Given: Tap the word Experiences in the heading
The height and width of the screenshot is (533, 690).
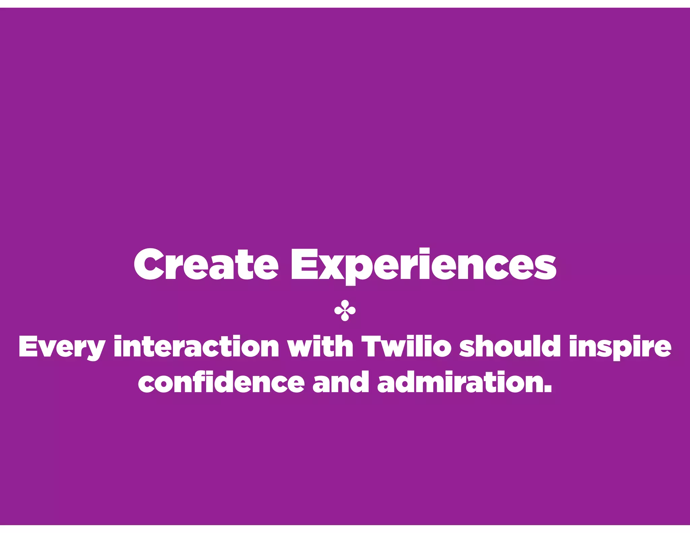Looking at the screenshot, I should tap(423, 265).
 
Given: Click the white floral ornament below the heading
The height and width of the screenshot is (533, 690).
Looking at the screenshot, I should tap(345, 312).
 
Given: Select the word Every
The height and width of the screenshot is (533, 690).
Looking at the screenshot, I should tap(62, 347).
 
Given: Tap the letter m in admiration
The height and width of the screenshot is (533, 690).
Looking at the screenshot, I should tap(434, 383).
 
